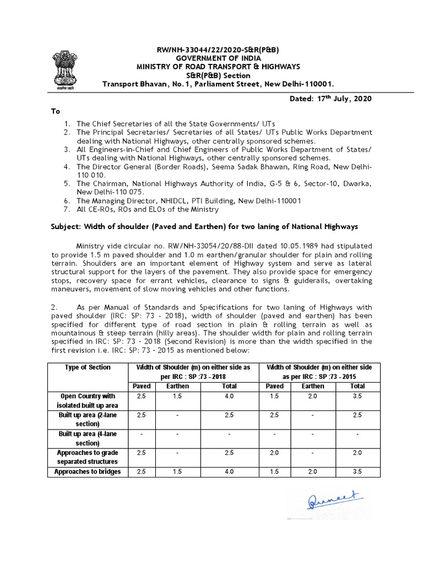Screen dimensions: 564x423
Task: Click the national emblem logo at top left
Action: (x=67, y=68)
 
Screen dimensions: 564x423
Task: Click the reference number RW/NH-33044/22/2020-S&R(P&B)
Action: (x=218, y=50)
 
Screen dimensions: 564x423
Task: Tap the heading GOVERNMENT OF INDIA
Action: (x=219, y=58)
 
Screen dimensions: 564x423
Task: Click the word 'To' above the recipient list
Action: (x=56, y=111)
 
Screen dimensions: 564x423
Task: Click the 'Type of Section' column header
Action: (x=88, y=367)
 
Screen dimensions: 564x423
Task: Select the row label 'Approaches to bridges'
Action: (x=88, y=472)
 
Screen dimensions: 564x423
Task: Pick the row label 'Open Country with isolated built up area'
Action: (x=88, y=401)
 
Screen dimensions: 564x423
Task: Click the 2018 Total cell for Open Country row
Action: (x=229, y=396)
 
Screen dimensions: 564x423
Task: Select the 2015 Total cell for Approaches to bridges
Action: (x=357, y=472)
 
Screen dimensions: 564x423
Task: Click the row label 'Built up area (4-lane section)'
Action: (x=88, y=438)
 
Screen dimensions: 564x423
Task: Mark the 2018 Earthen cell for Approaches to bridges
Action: (x=178, y=472)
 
